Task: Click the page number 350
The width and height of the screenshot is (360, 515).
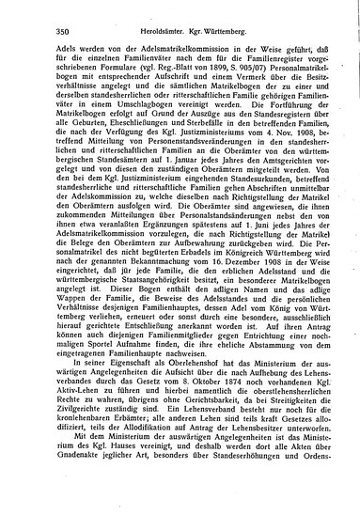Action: pos(52,32)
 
